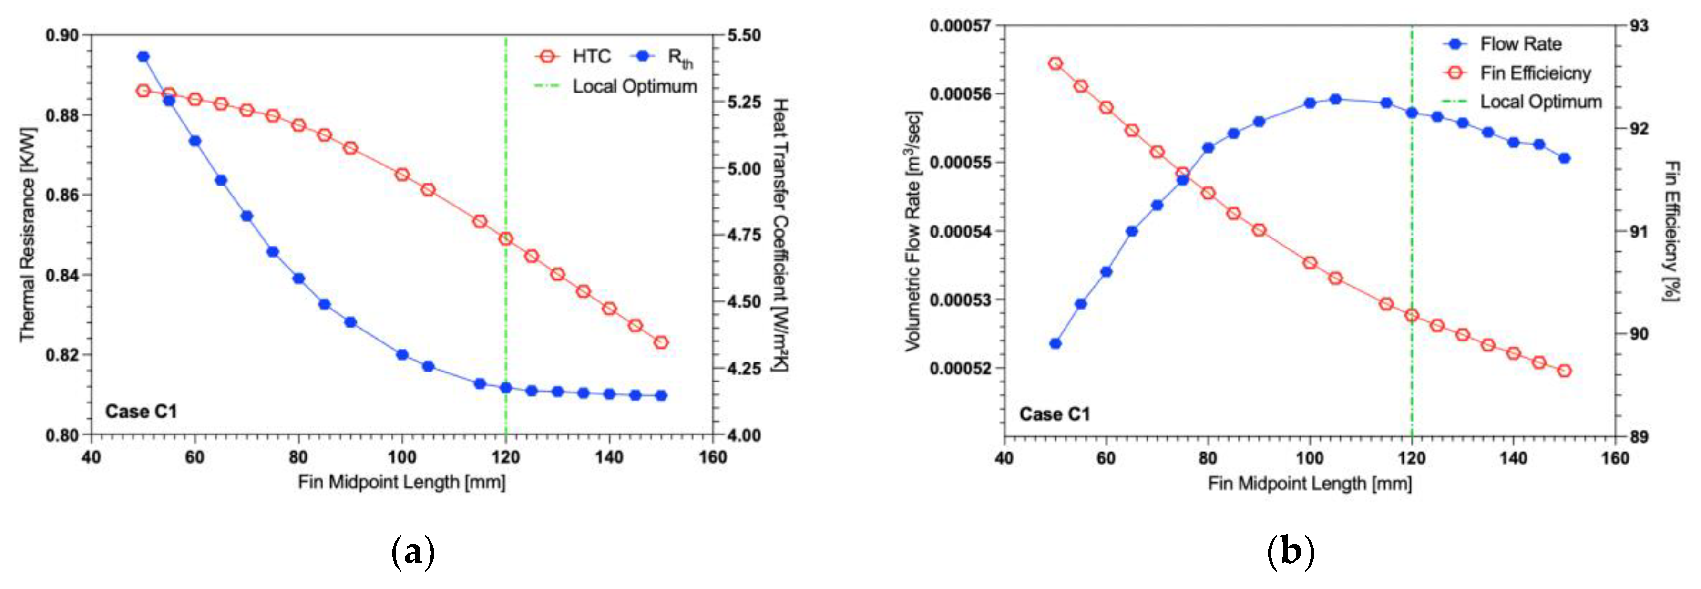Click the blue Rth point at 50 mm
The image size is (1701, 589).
click(x=143, y=57)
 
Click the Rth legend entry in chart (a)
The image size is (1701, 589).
click(x=664, y=58)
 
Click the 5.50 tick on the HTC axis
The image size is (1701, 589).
click(x=744, y=35)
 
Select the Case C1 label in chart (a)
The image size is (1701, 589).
click(x=141, y=412)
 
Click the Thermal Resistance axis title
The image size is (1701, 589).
click(x=27, y=235)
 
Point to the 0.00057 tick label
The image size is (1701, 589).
click(x=960, y=26)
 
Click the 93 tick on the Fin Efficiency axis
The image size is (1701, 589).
click(x=1639, y=26)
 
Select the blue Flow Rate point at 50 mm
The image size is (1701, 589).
click(x=1055, y=343)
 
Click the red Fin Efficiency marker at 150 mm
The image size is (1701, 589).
click(x=1564, y=371)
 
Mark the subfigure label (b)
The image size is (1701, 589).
click(x=1290, y=551)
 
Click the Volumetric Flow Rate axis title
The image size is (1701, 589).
click(x=913, y=231)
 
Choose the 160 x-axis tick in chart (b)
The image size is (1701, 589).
click(x=1615, y=457)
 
